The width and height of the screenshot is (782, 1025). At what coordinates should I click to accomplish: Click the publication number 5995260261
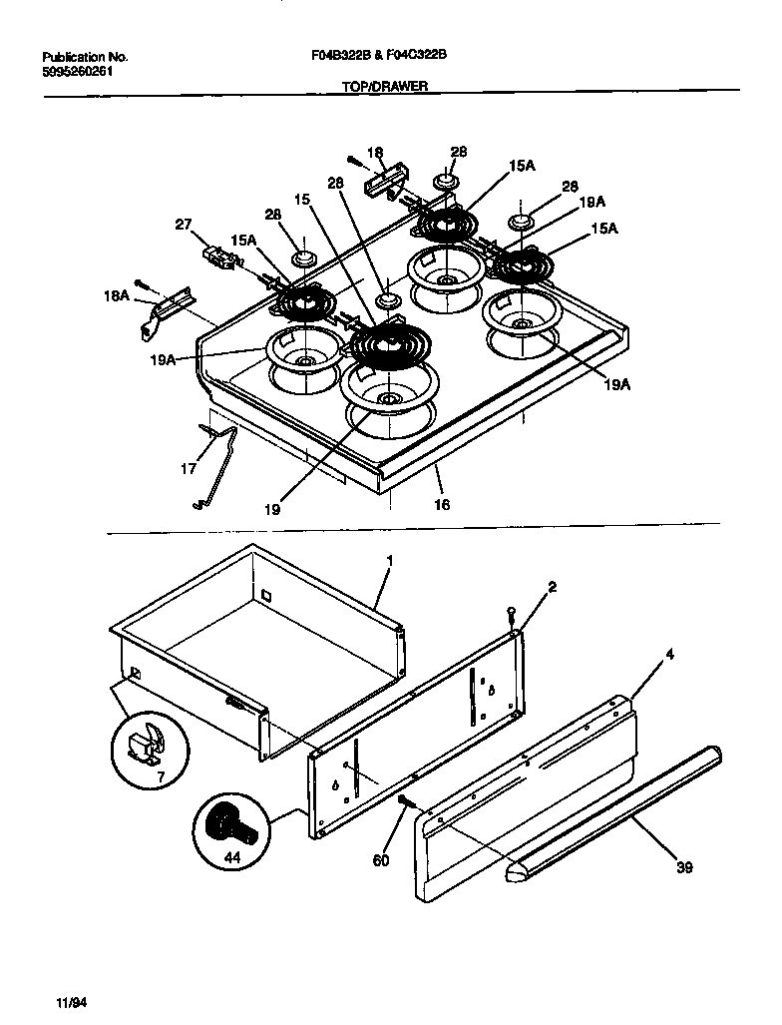(83, 72)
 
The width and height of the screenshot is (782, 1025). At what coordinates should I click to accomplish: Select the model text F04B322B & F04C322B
(379, 57)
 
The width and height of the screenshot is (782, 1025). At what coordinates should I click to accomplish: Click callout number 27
(184, 225)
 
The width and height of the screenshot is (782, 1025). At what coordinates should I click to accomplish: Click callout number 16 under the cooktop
(442, 504)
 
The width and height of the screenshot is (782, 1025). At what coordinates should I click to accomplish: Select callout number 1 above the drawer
(389, 562)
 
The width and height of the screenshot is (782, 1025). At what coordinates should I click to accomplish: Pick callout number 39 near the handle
(683, 867)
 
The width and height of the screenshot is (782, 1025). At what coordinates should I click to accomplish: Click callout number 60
(380, 858)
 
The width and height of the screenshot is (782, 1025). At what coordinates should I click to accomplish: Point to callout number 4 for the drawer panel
(670, 655)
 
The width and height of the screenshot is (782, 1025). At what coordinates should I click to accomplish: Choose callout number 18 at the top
(375, 153)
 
